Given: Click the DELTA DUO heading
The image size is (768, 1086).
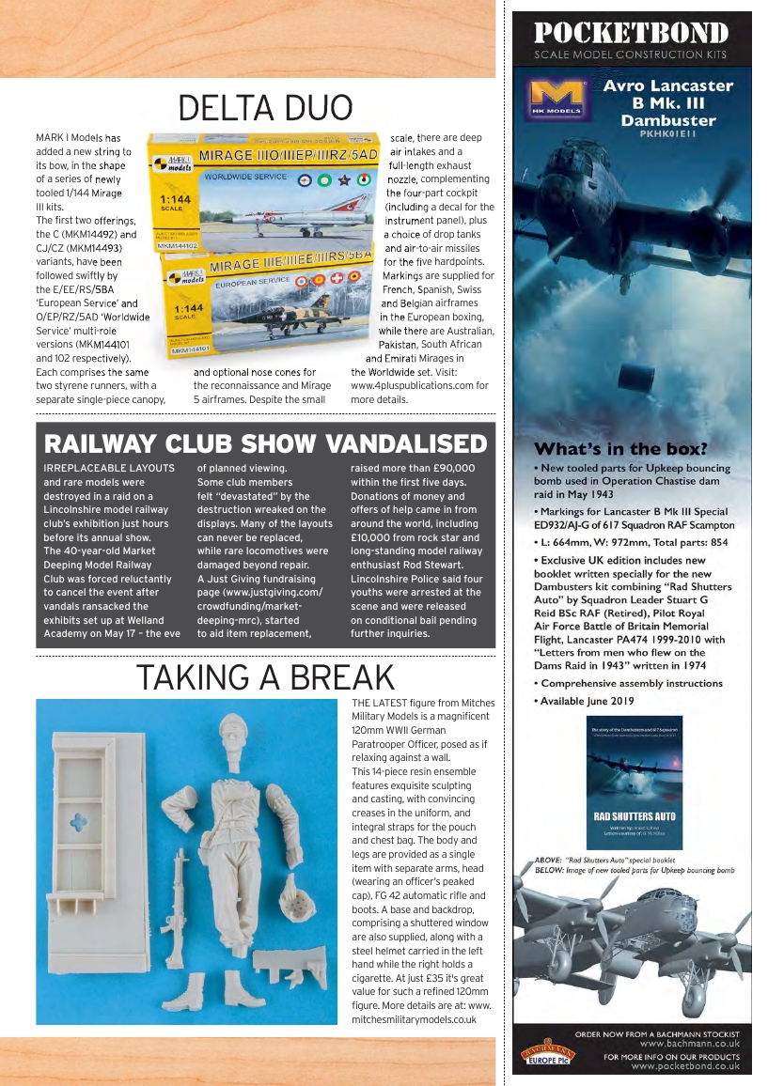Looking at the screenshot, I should [x=265, y=108].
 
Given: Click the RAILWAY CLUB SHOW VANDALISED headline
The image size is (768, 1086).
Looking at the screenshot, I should [x=266, y=443].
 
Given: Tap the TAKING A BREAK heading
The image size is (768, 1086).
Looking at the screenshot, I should [x=265, y=676].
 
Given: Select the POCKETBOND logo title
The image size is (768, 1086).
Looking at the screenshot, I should [x=631, y=34].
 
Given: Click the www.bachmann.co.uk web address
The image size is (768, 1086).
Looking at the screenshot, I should [x=689, y=1043].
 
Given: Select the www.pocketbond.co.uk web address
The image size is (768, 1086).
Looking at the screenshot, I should [x=685, y=1066].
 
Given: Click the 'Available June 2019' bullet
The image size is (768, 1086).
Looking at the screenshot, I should [x=587, y=701].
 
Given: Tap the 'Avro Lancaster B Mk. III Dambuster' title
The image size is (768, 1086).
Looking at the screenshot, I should [x=667, y=103].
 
